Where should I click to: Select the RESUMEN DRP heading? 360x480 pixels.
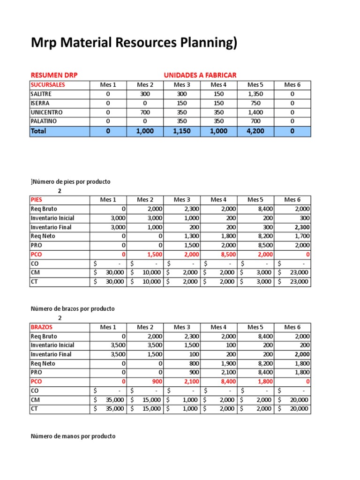(x=54, y=75)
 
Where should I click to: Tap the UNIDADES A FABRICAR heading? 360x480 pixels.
(x=200, y=75)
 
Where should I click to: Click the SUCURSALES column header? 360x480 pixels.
(x=48, y=85)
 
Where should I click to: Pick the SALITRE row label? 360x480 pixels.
(x=41, y=94)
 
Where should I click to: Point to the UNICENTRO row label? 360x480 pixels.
(x=46, y=112)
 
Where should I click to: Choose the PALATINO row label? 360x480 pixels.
(x=44, y=121)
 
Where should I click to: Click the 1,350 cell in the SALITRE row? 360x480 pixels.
(x=255, y=94)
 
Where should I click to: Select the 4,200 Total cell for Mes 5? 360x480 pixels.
(x=255, y=131)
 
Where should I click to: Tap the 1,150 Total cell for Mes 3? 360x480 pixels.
(x=181, y=131)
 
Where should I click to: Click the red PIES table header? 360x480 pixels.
(x=36, y=200)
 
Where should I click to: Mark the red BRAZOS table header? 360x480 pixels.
(x=41, y=327)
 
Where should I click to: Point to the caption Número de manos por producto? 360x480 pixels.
(x=73, y=436)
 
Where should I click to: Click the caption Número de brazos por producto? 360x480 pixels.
(x=73, y=309)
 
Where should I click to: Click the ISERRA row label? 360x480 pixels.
(x=40, y=103)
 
